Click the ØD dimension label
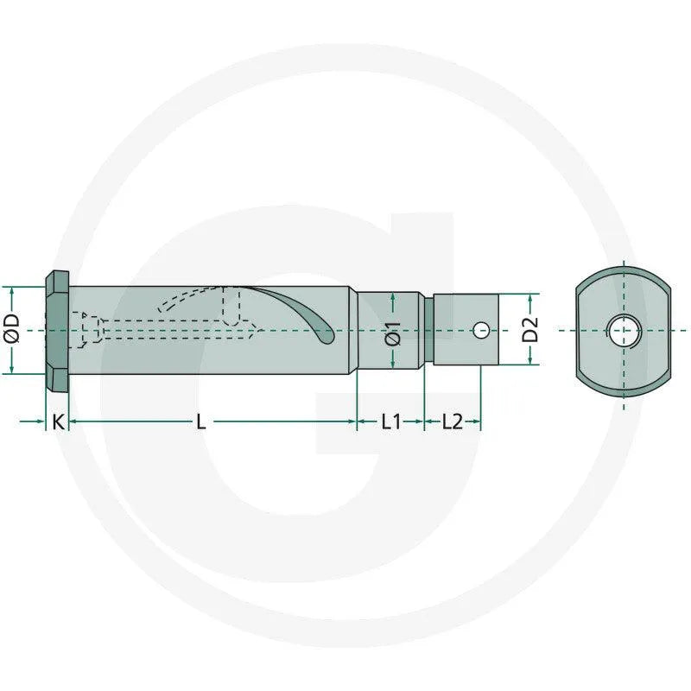pos(12,329)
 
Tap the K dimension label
pos(58,422)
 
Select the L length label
pos(201,422)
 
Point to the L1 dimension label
pos(391,422)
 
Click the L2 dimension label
pos(453,422)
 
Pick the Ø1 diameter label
pos(393,333)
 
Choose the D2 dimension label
pos(530,329)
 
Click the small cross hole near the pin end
pos(481,330)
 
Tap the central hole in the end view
pos(623,330)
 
